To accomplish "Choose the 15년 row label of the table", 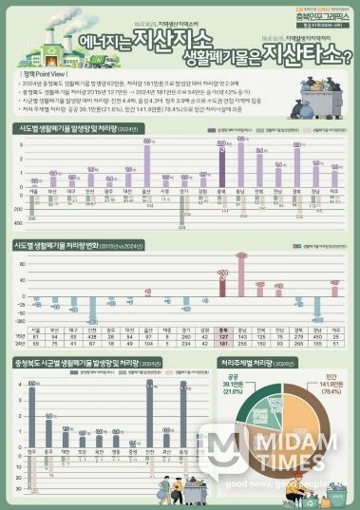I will click(20, 336).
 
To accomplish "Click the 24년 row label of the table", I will click(20, 343).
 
